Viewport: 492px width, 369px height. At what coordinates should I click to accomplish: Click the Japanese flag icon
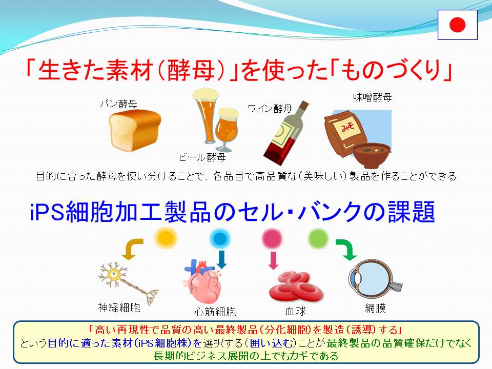[x=458, y=25]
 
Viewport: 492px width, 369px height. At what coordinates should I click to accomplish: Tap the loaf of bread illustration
[x=135, y=130]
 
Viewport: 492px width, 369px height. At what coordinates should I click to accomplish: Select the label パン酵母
[x=118, y=104]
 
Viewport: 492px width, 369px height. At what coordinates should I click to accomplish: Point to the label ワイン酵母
[x=270, y=109]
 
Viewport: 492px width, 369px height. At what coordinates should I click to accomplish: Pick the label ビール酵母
[x=202, y=157]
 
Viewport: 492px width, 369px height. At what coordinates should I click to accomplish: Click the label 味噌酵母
[x=373, y=97]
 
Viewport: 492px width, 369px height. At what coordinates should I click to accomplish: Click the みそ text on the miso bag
[x=347, y=127]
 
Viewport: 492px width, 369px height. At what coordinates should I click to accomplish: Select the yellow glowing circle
[x=166, y=237]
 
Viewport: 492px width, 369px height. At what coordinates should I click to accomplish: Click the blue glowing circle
[x=220, y=238]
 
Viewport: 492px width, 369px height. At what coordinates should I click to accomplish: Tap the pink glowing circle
[x=272, y=238]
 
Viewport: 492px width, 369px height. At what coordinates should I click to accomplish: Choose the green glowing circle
[x=318, y=238]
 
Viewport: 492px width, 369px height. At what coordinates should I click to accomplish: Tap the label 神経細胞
[x=119, y=307]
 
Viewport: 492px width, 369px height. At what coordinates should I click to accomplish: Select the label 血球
[x=296, y=311]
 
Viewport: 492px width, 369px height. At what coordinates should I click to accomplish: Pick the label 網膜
[x=375, y=308]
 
